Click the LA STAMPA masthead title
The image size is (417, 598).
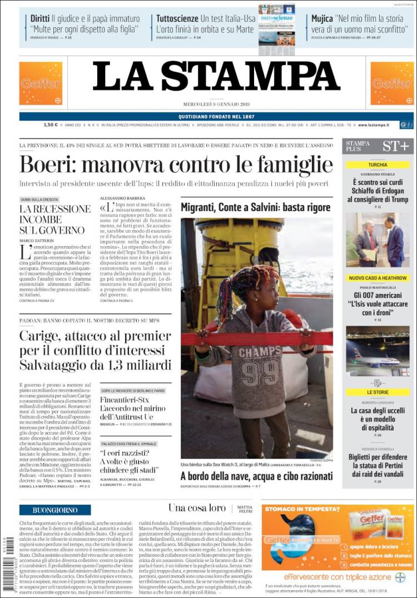(x=216, y=76)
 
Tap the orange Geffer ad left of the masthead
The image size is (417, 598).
(x=41, y=83)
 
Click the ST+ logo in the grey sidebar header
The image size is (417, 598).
(x=395, y=146)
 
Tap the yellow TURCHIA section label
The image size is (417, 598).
(x=378, y=165)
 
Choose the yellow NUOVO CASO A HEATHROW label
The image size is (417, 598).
(x=378, y=278)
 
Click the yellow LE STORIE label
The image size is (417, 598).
(x=378, y=392)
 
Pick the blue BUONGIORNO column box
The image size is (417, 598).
(x=54, y=510)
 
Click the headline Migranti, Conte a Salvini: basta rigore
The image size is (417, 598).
(x=255, y=207)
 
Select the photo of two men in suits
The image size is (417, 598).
(x=378, y=240)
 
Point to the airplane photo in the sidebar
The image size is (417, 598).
(x=378, y=351)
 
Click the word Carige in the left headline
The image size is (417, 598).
(x=39, y=336)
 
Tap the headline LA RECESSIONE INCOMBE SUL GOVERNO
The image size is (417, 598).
(x=54, y=219)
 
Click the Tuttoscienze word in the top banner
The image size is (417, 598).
(x=177, y=18)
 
